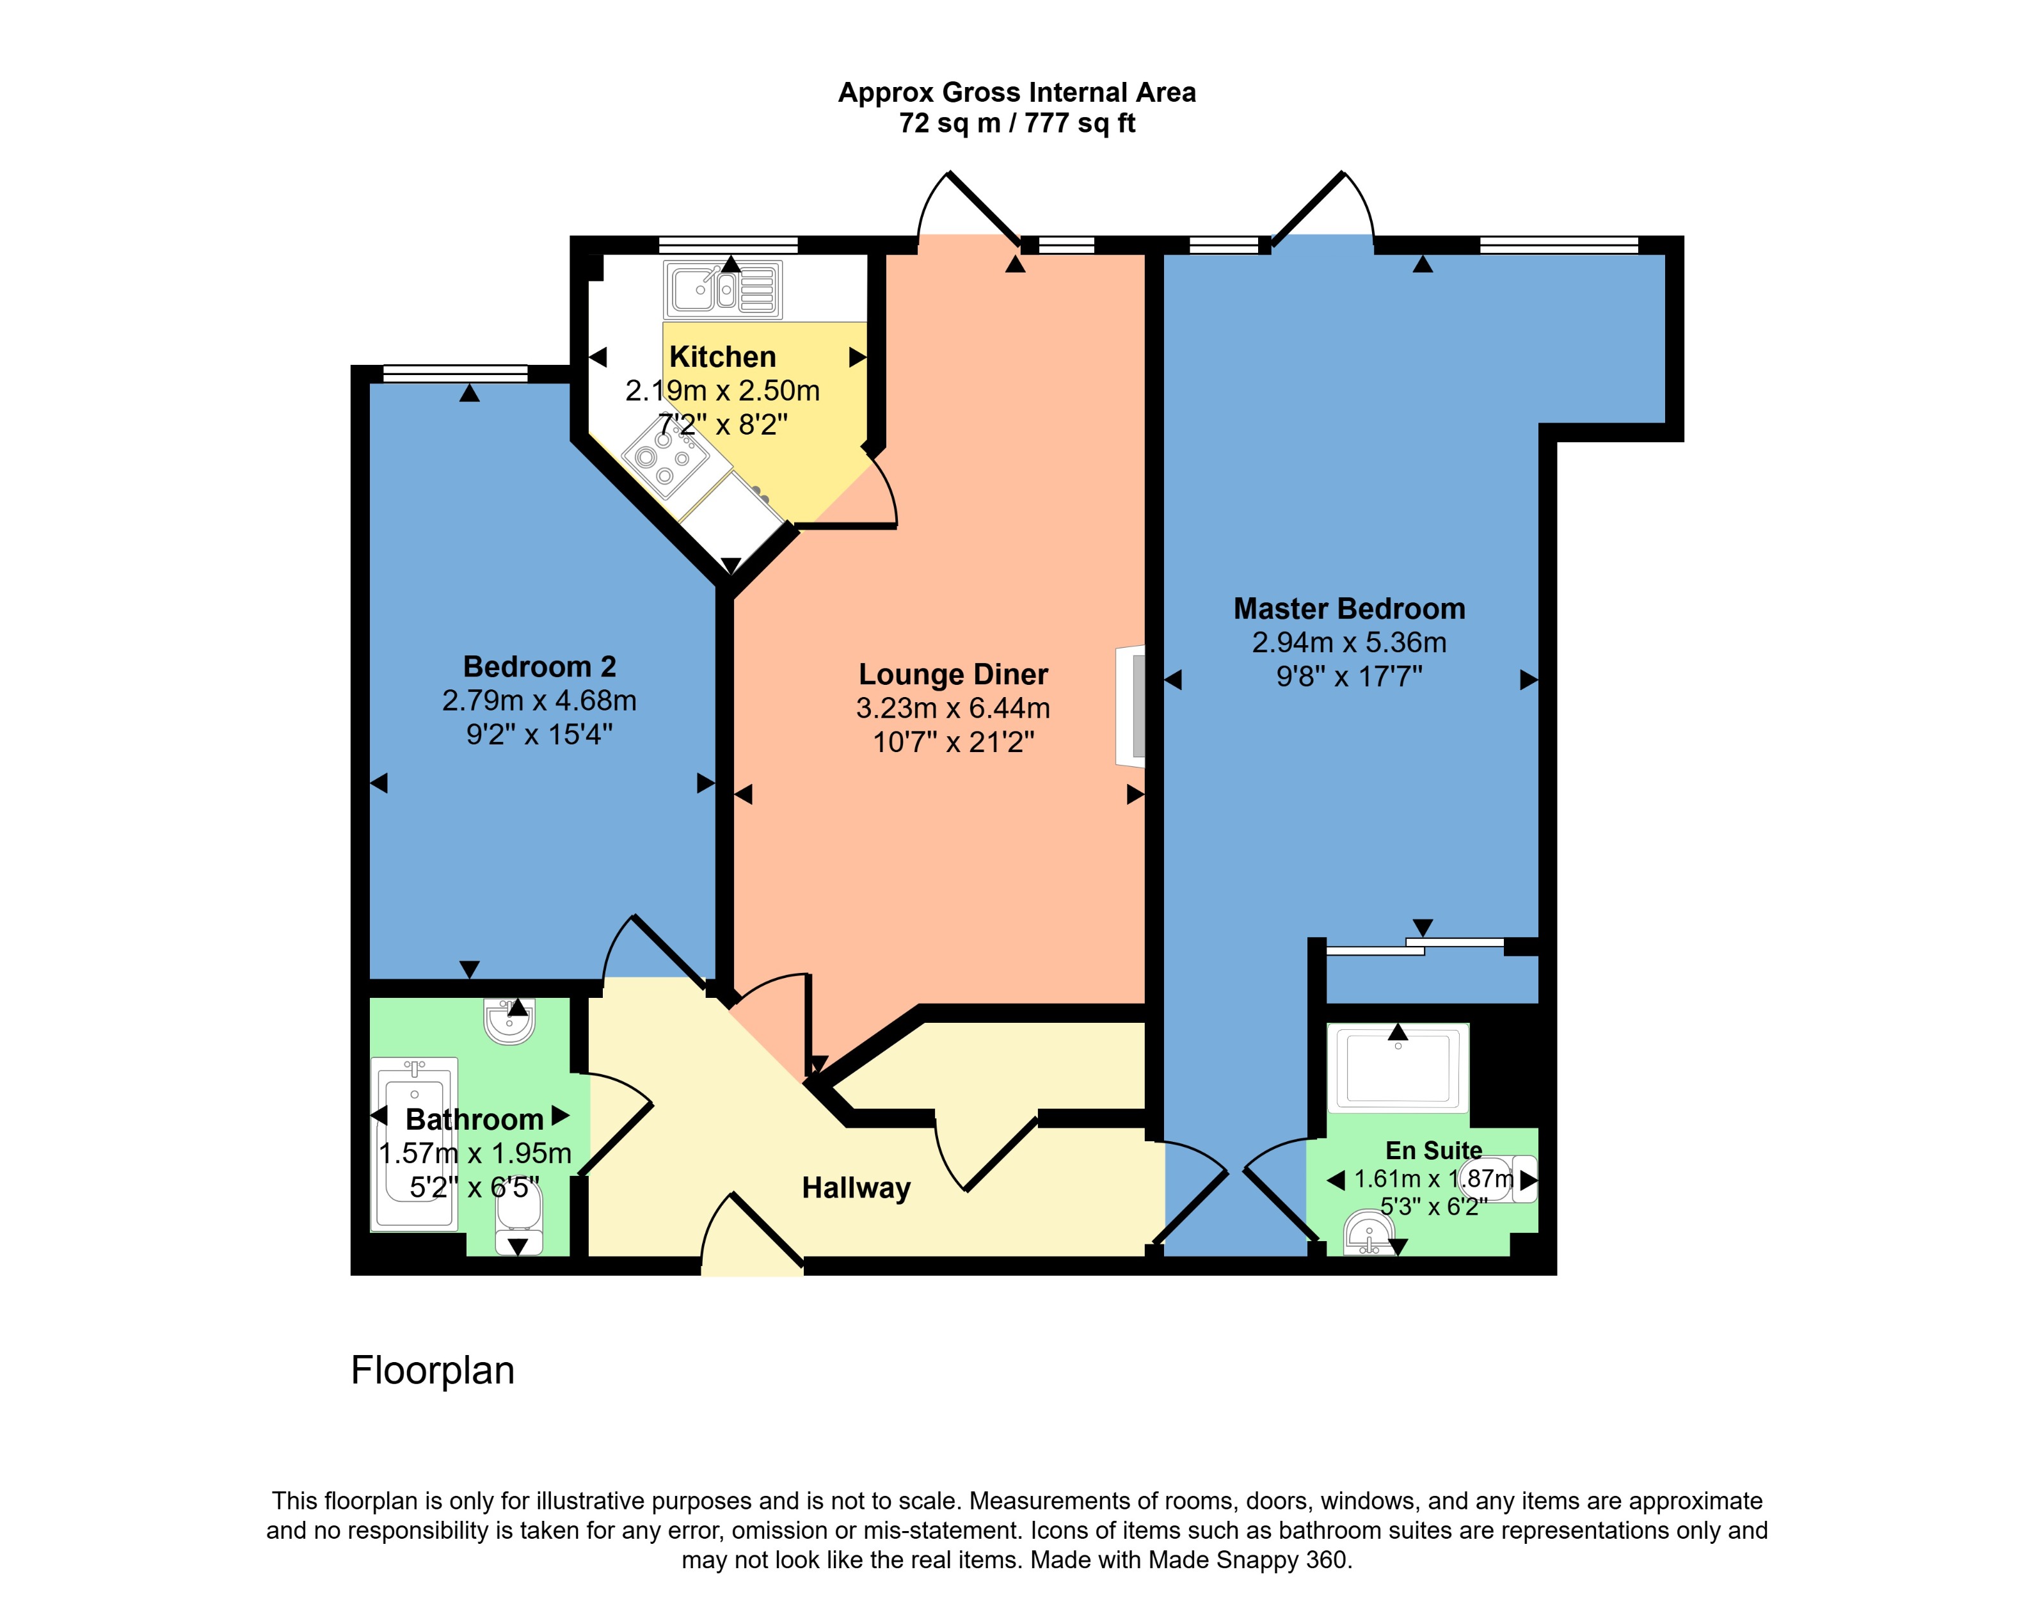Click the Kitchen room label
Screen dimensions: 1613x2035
[x=722, y=357]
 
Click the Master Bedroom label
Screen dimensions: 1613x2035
[x=1349, y=609]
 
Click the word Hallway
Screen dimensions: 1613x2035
[x=856, y=1187]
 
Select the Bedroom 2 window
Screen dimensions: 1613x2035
[x=455, y=374]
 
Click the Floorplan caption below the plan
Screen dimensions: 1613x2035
[x=433, y=1370]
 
